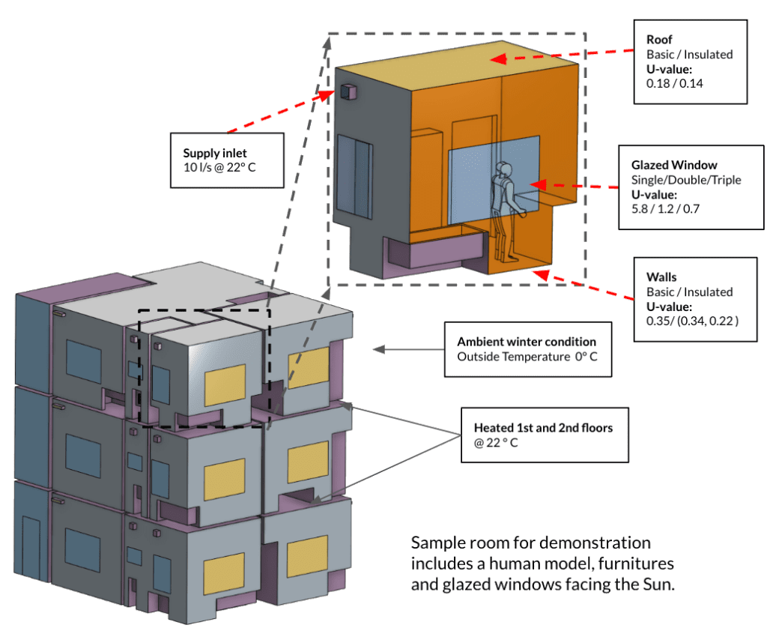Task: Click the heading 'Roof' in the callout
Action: coord(659,40)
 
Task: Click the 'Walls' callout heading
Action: coord(661,277)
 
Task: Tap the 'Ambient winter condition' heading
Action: coord(527,342)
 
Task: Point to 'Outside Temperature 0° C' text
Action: coord(527,357)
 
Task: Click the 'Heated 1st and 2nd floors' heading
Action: coord(543,428)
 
